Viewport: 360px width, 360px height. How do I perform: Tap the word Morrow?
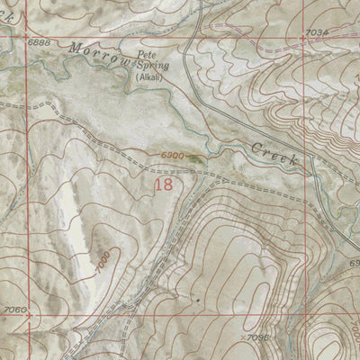pos(94,53)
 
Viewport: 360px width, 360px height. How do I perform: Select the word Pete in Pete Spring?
pos(146,55)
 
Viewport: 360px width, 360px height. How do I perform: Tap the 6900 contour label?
pos(174,156)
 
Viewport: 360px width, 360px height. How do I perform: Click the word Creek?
pos(274,154)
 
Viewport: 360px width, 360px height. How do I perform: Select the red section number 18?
pos(164,184)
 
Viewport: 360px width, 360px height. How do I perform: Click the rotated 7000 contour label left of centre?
pos(103,261)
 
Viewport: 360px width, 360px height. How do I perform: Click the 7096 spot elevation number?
pos(259,337)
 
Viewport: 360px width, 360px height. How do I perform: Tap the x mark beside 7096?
pos(244,337)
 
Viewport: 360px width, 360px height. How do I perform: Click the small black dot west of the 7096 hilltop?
pos(197,295)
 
